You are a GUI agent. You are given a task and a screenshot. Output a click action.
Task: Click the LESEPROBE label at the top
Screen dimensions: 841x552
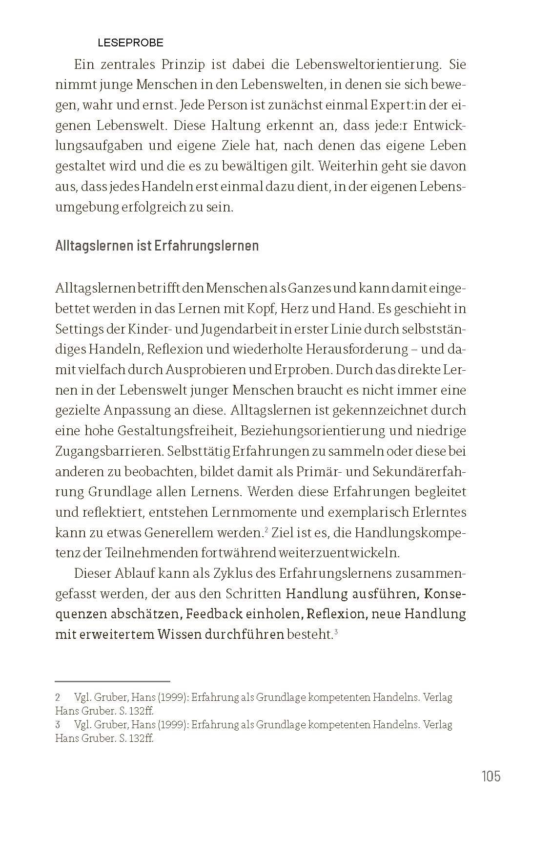tap(130, 43)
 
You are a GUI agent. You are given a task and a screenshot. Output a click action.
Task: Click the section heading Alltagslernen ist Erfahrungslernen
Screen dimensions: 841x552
tap(157, 245)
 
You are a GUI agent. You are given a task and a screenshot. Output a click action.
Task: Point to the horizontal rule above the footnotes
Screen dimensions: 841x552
tap(112, 681)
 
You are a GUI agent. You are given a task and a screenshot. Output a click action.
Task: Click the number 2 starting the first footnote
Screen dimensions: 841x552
tap(58, 697)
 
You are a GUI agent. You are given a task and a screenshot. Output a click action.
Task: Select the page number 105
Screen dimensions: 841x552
tap(491, 776)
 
